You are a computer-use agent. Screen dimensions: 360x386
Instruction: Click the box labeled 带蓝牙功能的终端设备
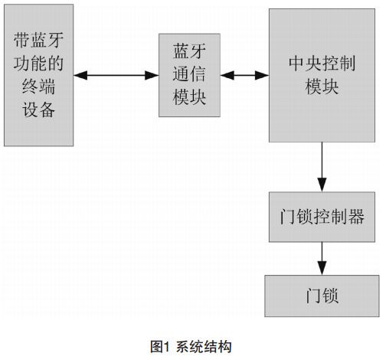[x=39, y=75]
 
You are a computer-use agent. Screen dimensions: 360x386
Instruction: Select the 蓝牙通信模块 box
[x=188, y=75]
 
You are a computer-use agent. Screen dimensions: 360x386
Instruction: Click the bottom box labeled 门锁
[x=322, y=294]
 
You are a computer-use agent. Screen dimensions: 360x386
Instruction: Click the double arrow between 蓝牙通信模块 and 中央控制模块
[x=243, y=75]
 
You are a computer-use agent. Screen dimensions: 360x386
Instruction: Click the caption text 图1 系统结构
[x=194, y=345]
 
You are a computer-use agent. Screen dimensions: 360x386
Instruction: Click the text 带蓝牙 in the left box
[x=39, y=39]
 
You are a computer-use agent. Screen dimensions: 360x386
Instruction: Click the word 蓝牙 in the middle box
[x=188, y=51]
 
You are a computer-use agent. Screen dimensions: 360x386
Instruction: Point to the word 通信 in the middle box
[x=188, y=75]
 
